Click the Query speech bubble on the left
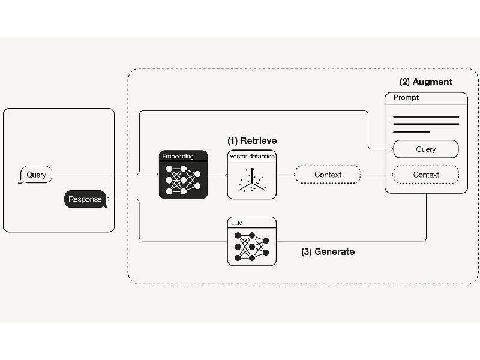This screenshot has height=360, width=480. [35, 175]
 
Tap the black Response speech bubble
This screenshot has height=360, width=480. [85, 199]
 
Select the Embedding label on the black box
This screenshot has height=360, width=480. [178, 156]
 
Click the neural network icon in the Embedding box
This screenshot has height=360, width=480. [183, 180]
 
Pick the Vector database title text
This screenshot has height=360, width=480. [252, 156]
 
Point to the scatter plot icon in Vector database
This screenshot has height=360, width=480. [252, 180]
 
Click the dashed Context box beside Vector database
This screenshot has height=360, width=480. [328, 175]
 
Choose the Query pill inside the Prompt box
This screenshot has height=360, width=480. [426, 149]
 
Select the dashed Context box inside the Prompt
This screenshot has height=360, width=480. [426, 175]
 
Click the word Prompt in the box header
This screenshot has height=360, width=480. [406, 98]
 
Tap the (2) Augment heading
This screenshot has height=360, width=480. [426, 82]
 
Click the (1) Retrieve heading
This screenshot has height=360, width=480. [252, 141]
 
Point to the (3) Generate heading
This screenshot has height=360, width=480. [328, 252]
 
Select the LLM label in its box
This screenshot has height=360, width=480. [237, 223]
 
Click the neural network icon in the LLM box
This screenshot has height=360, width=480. [251, 247]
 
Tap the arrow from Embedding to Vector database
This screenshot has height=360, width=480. [218, 175]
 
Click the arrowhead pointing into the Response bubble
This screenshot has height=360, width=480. [108, 199]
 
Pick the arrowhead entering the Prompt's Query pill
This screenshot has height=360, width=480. [392, 149]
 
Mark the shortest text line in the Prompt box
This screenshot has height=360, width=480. [412, 132]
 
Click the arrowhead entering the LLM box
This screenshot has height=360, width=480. [278, 241]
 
